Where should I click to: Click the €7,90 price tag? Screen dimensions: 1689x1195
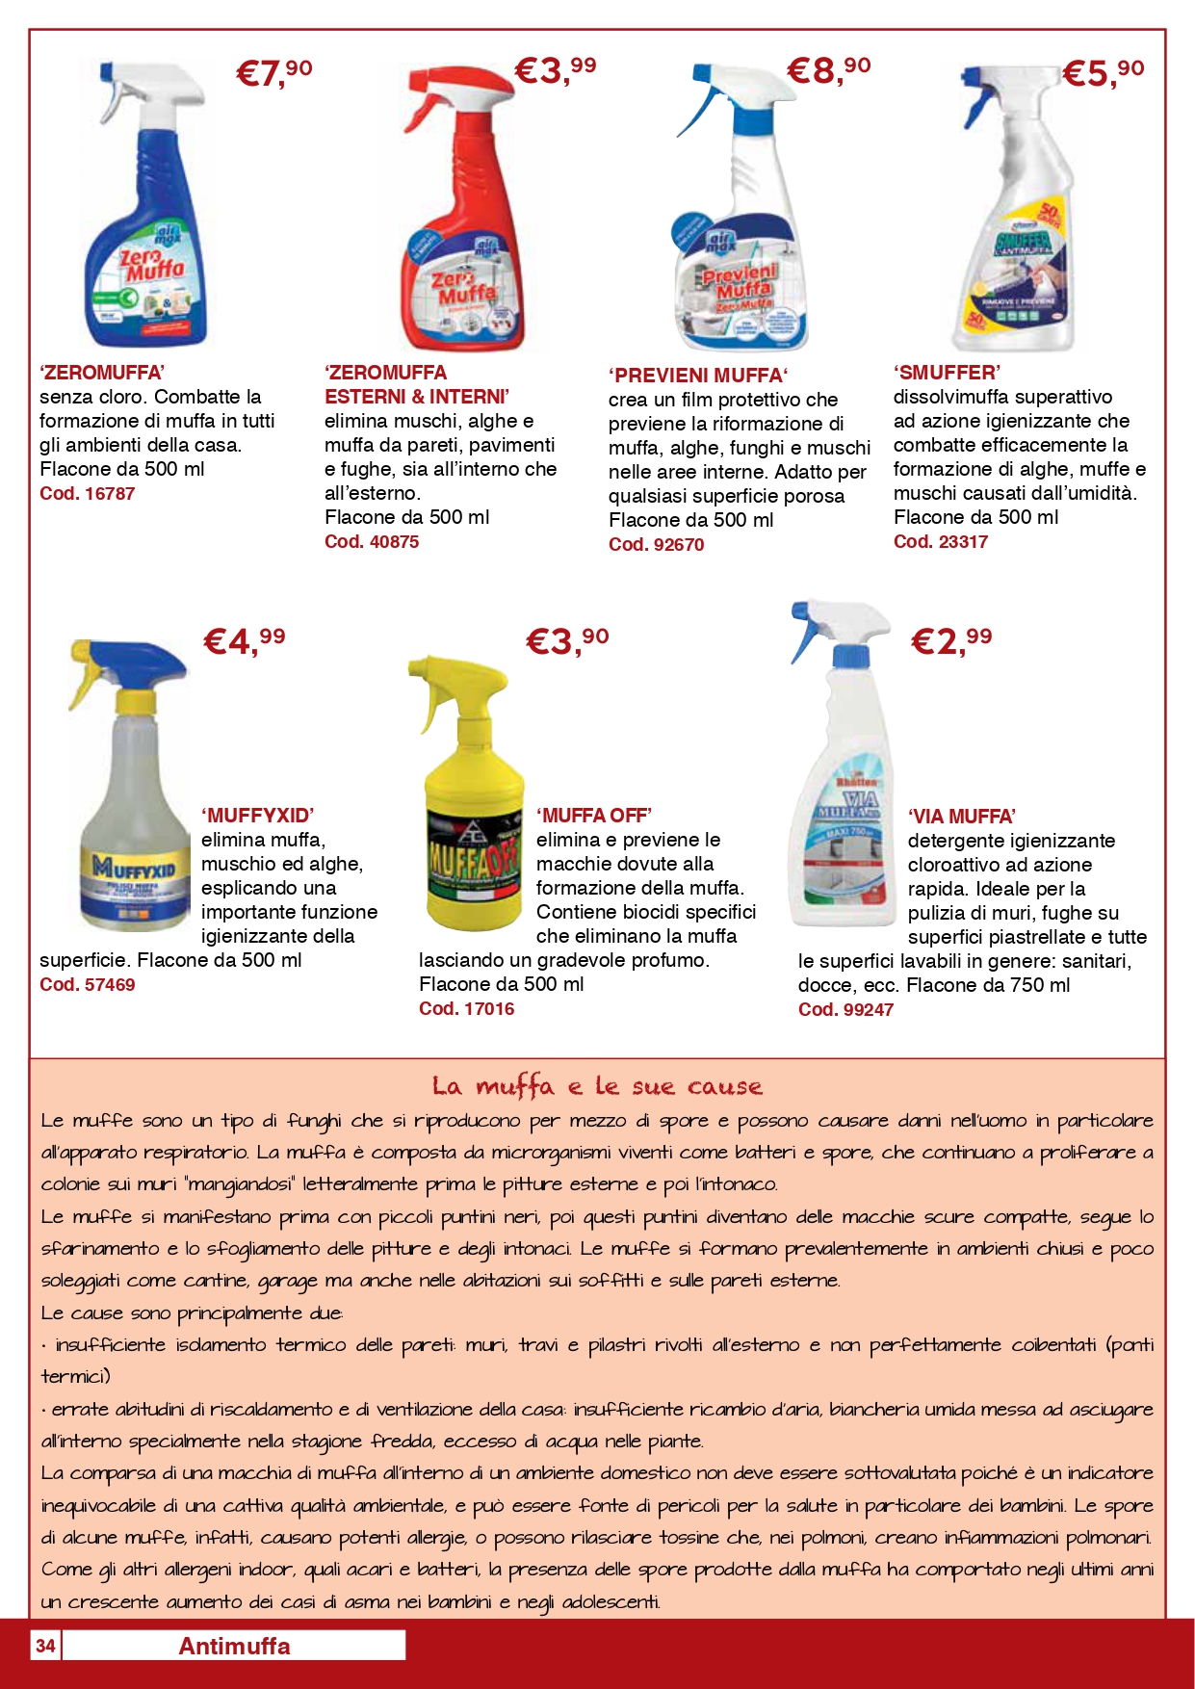[274, 73]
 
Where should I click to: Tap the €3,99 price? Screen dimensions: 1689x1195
[555, 70]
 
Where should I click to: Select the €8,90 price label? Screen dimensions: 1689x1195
[828, 70]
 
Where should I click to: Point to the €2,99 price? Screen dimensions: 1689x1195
[951, 640]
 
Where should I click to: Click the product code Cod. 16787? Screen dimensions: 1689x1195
[87, 494]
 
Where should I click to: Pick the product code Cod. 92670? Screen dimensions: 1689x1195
[656, 545]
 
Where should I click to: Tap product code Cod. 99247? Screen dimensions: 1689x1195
[845, 1010]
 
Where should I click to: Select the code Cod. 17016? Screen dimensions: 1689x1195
[466, 1009]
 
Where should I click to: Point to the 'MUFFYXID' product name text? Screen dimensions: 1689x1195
[257, 816]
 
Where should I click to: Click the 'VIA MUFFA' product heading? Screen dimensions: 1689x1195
[961, 817]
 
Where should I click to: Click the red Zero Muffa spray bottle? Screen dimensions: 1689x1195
[462, 221]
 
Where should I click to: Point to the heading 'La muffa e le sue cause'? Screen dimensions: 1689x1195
[597, 1087]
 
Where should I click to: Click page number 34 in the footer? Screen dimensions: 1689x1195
[45, 1646]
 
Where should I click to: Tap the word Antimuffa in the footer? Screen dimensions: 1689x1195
[234, 1646]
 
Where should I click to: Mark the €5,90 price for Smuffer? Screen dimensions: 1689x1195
[1104, 73]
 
